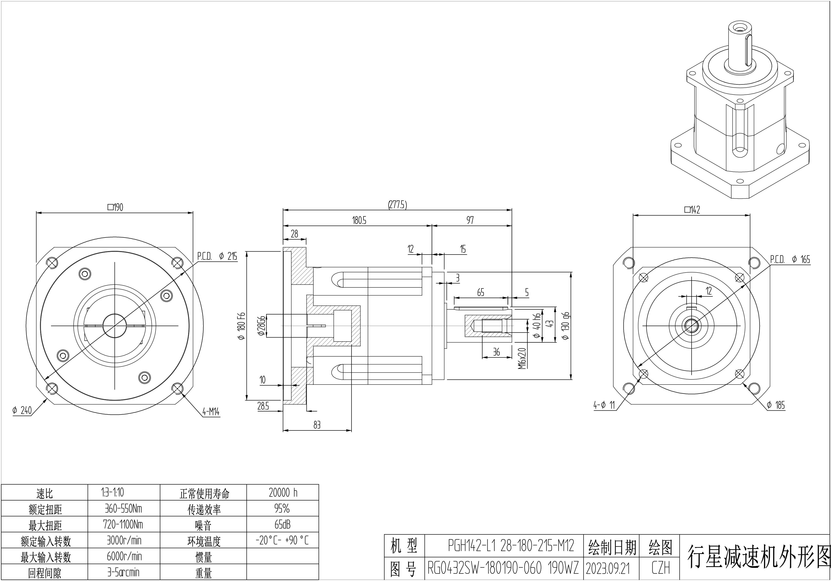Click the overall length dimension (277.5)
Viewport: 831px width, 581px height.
(x=397, y=205)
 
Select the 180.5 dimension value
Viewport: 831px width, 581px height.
(x=359, y=221)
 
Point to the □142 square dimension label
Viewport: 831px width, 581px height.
(x=692, y=210)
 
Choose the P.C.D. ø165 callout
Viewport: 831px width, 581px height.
(x=790, y=259)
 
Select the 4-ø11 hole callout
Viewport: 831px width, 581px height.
(x=604, y=405)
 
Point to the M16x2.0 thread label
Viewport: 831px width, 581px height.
(x=522, y=359)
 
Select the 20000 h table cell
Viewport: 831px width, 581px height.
(x=283, y=493)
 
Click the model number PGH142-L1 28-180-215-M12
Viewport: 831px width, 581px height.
(x=511, y=546)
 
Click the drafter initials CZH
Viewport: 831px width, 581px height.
(x=661, y=568)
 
